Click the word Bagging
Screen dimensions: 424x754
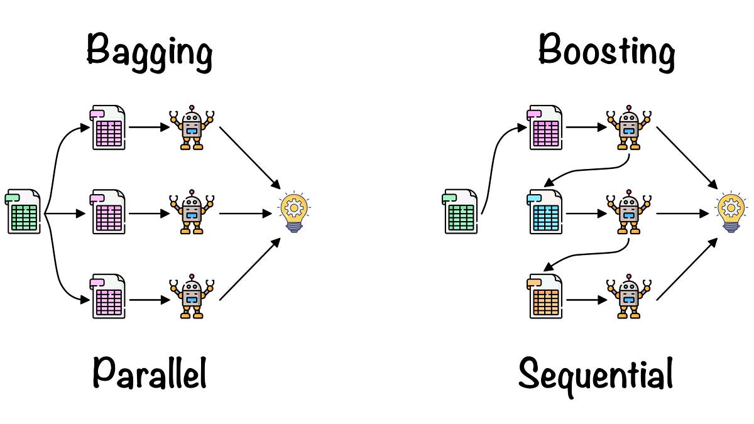150,52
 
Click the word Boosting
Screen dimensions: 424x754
607,52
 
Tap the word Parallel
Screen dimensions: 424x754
150,374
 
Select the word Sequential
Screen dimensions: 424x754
596,376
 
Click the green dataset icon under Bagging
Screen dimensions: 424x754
24,212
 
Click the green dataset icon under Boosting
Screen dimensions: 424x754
461,212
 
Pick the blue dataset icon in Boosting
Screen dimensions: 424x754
545,212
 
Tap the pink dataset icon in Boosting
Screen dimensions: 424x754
545,128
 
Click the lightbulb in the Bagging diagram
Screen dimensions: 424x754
294,213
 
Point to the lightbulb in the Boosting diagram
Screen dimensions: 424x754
731,213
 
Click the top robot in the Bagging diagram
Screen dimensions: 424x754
192,128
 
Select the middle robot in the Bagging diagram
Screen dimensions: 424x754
192,213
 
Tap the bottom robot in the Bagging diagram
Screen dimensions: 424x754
192,296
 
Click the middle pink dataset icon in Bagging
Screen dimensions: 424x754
109,213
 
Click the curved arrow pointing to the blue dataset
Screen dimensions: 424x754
591,171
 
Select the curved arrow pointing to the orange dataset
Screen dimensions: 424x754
591,254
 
